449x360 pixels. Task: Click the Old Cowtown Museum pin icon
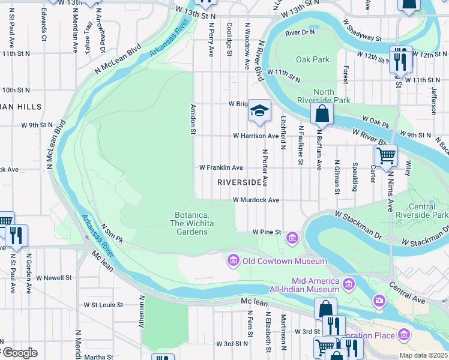232,260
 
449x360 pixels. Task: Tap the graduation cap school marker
259,110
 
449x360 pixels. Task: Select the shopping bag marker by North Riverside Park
322,113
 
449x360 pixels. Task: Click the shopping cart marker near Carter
386,155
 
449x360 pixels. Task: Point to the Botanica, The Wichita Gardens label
191,223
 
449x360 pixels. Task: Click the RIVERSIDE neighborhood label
240,182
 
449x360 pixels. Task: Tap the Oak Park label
313,59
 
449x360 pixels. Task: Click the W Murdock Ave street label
256,200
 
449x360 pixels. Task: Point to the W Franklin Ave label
221,167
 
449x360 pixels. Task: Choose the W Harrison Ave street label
256,136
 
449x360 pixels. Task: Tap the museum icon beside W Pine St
292,238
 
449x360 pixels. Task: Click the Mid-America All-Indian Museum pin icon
348,282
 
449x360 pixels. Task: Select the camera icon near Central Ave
379,300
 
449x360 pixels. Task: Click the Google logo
19,353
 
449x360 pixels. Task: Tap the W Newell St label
54,278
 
